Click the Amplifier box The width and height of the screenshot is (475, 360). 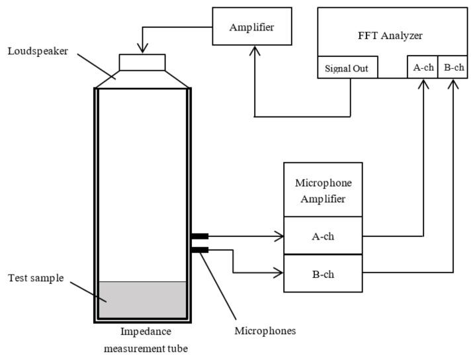coord(251,26)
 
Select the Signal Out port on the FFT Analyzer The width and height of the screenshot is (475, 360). coord(347,67)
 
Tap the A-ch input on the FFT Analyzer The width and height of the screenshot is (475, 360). coord(422,67)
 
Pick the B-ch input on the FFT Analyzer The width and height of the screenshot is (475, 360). coord(453,67)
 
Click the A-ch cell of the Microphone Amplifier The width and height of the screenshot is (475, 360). coord(323,236)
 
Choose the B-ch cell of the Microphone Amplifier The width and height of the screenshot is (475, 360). coord(323,273)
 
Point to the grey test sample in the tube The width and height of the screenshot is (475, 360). coord(142,300)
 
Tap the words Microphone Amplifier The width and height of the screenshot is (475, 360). coord(323,189)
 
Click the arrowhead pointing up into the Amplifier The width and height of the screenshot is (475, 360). coord(255,49)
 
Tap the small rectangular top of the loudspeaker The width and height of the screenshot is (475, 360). coord(142,62)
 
